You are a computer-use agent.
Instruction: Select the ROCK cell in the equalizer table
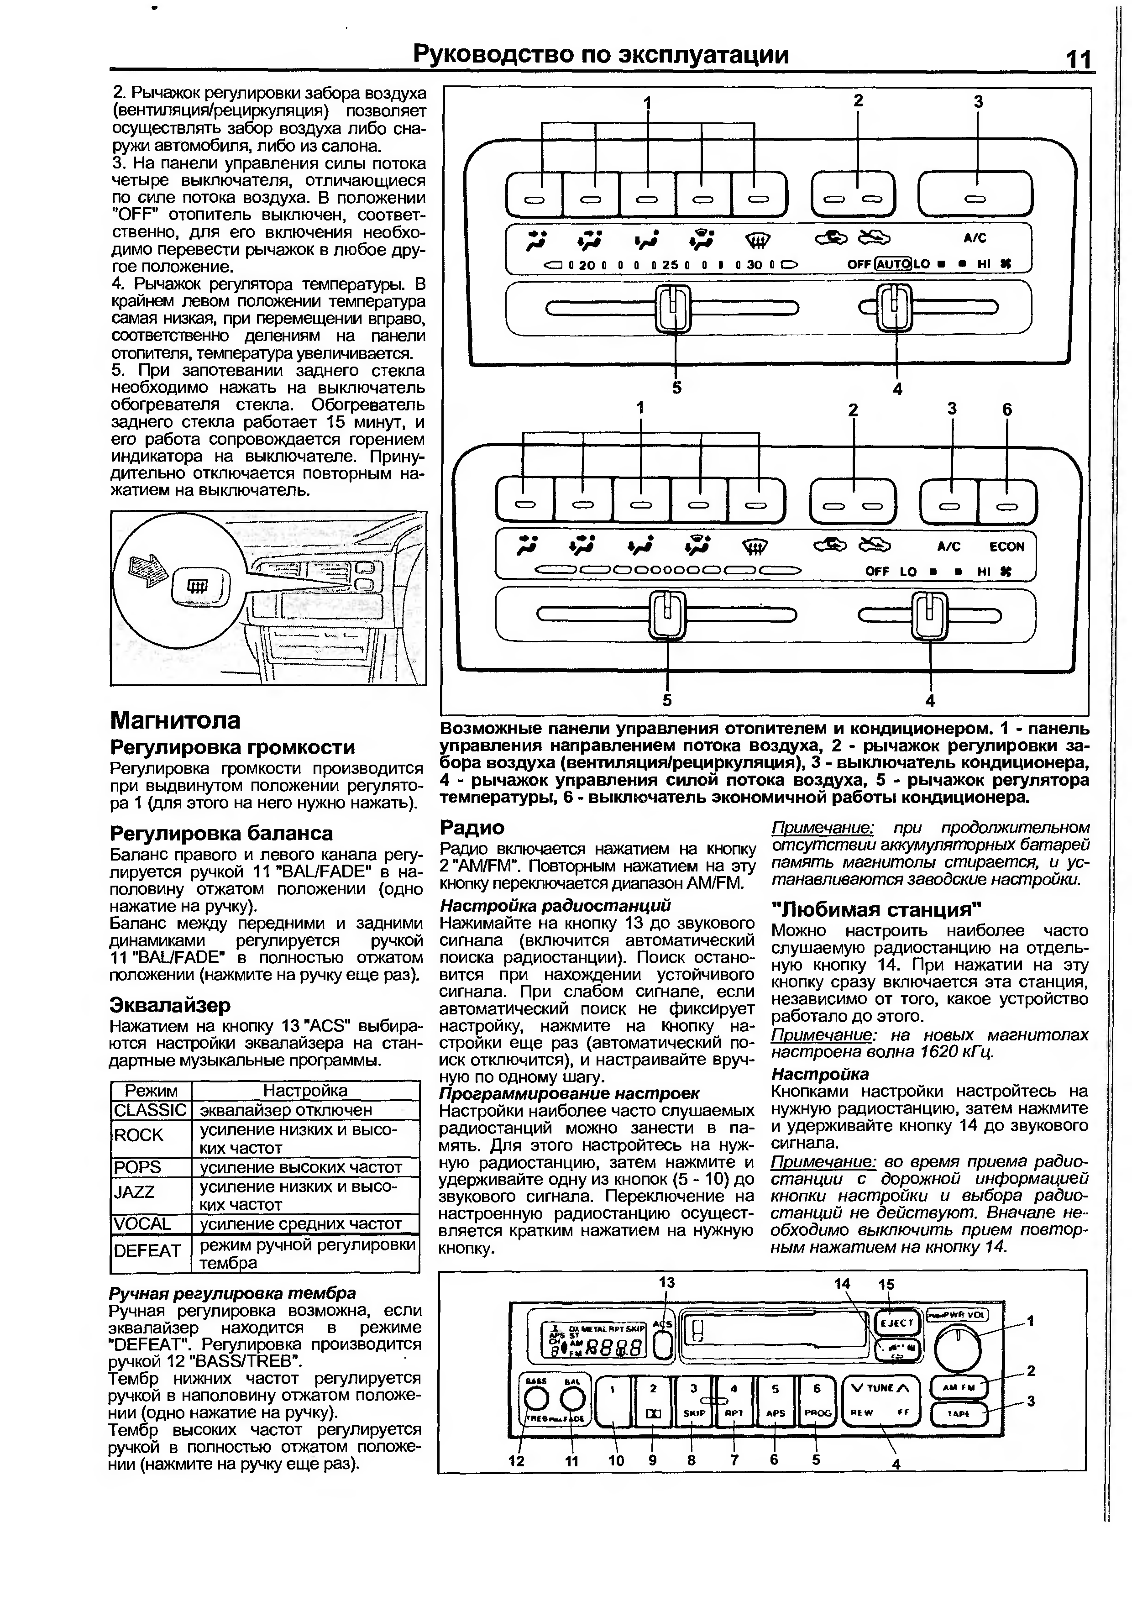pos(139,1135)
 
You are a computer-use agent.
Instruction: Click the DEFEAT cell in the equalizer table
pos(147,1251)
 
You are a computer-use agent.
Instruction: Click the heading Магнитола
pos(176,720)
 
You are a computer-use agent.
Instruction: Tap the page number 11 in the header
pos(1078,60)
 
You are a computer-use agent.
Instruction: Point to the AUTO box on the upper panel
pos(892,264)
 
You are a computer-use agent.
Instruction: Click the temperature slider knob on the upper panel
pos(673,308)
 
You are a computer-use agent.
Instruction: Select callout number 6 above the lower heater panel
pos(1006,410)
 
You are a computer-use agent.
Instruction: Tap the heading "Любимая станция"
pos(877,910)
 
